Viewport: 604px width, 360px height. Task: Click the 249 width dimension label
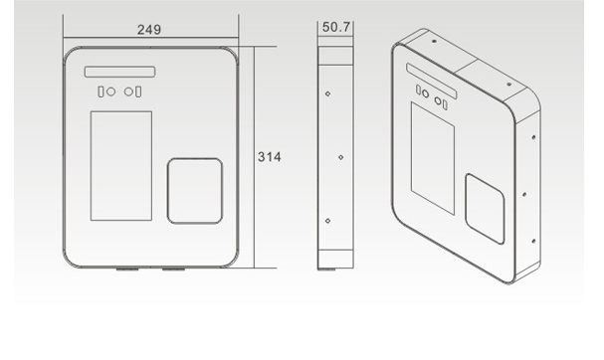[149, 30]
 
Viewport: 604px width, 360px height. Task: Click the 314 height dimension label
[270, 157]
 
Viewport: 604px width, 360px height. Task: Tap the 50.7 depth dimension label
[336, 27]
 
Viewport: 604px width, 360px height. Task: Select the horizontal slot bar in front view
[119, 72]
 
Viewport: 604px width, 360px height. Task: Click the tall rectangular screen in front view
[121, 166]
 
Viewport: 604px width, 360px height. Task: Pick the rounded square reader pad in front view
[195, 191]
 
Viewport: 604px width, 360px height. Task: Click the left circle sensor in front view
[110, 92]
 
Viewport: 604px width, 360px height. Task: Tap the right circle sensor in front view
[128, 92]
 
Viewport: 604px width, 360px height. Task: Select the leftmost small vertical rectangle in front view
[101, 92]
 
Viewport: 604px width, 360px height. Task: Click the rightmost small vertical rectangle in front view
[138, 92]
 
